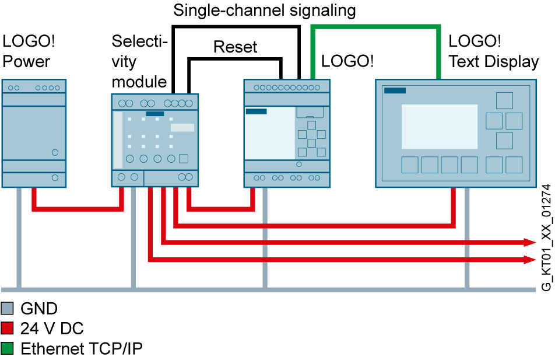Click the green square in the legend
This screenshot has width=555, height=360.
(7, 348)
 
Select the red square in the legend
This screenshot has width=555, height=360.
(7, 328)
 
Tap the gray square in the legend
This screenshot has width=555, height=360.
(7, 308)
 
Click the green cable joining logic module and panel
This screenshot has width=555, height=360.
(375, 27)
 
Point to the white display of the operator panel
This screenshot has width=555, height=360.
(439, 127)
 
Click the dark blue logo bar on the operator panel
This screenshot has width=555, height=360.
(395, 90)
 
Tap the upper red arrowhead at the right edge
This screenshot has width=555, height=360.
(530, 242)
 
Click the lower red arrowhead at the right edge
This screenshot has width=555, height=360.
(530, 260)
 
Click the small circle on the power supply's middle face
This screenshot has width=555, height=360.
(55, 152)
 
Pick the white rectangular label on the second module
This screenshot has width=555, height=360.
(182, 128)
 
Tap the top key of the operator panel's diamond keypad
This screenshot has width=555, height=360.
(504, 100)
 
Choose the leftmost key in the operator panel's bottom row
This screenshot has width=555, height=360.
(410, 165)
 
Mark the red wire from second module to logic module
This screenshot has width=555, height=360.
(222, 208)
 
